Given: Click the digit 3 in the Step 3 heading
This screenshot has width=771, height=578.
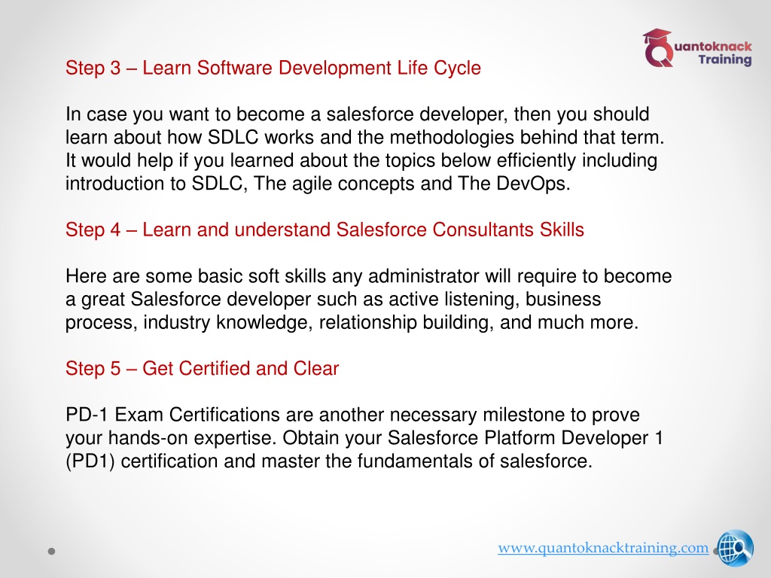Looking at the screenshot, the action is [x=115, y=68].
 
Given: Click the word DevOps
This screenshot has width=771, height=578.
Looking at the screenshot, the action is [x=532, y=184].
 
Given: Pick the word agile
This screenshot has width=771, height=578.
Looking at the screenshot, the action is [x=312, y=184].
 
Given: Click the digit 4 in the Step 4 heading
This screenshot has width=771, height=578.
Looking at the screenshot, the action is [x=115, y=230].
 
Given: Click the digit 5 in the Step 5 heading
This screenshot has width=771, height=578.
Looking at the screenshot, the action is [x=115, y=369].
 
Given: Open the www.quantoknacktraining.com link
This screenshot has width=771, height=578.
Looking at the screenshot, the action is [x=603, y=548].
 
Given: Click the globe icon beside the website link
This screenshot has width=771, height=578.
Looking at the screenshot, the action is [x=735, y=548].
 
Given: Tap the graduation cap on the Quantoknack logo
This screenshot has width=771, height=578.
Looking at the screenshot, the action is [x=657, y=37].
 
